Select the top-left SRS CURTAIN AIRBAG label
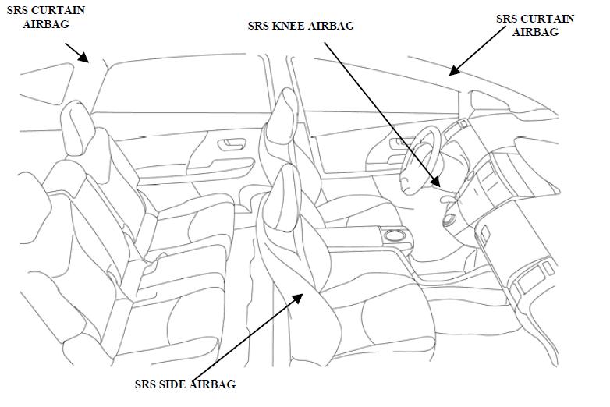coord(46,17)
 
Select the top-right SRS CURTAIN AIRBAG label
coord(535,25)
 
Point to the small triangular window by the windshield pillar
coord(488,100)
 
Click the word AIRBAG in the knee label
coord(333,26)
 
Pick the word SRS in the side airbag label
coord(145,384)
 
